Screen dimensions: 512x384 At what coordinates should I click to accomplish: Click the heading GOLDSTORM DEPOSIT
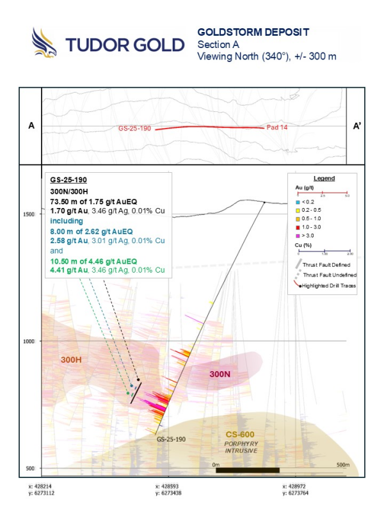244,32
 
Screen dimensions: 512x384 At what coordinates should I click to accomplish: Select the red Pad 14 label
277,128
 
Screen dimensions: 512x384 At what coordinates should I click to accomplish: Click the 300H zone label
71,360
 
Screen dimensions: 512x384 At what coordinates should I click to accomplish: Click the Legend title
323,179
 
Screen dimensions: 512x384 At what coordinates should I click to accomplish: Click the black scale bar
248,470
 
